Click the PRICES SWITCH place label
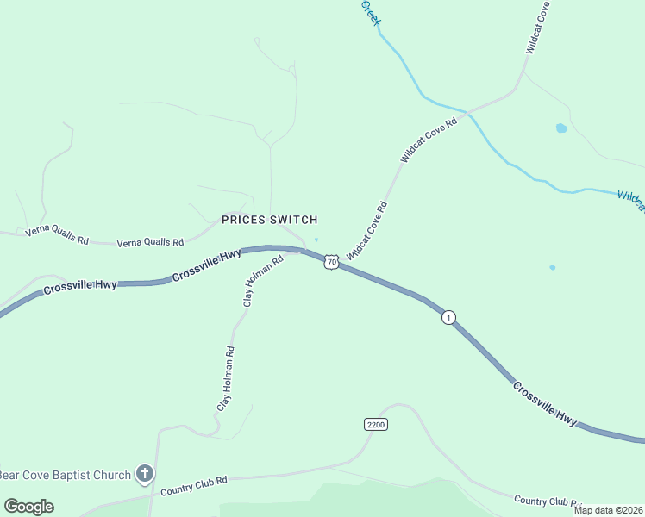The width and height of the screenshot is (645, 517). click(269, 220)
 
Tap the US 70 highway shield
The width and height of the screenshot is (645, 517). click(331, 261)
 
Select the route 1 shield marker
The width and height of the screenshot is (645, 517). click(448, 317)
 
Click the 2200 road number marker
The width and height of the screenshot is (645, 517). click(375, 425)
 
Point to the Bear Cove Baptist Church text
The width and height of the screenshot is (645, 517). click(66, 474)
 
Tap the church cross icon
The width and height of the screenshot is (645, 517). click(145, 474)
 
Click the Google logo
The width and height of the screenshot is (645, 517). click(28, 507)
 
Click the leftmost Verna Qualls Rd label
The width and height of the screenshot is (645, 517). click(57, 234)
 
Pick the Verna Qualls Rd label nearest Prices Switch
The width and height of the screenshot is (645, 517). click(151, 243)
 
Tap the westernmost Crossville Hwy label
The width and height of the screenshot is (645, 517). click(79, 285)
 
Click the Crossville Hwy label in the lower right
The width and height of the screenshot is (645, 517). click(544, 402)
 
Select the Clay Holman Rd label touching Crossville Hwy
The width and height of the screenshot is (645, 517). click(263, 282)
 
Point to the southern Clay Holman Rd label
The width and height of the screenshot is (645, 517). click(225, 379)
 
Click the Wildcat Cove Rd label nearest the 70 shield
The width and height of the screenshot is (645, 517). click(367, 231)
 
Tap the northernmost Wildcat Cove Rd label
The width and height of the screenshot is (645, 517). click(536, 28)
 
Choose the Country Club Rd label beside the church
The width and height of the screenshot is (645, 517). click(193, 486)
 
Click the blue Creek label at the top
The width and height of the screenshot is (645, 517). click(370, 12)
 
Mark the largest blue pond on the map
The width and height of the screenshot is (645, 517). click(561, 128)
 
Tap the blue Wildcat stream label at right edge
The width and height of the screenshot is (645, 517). click(632, 201)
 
